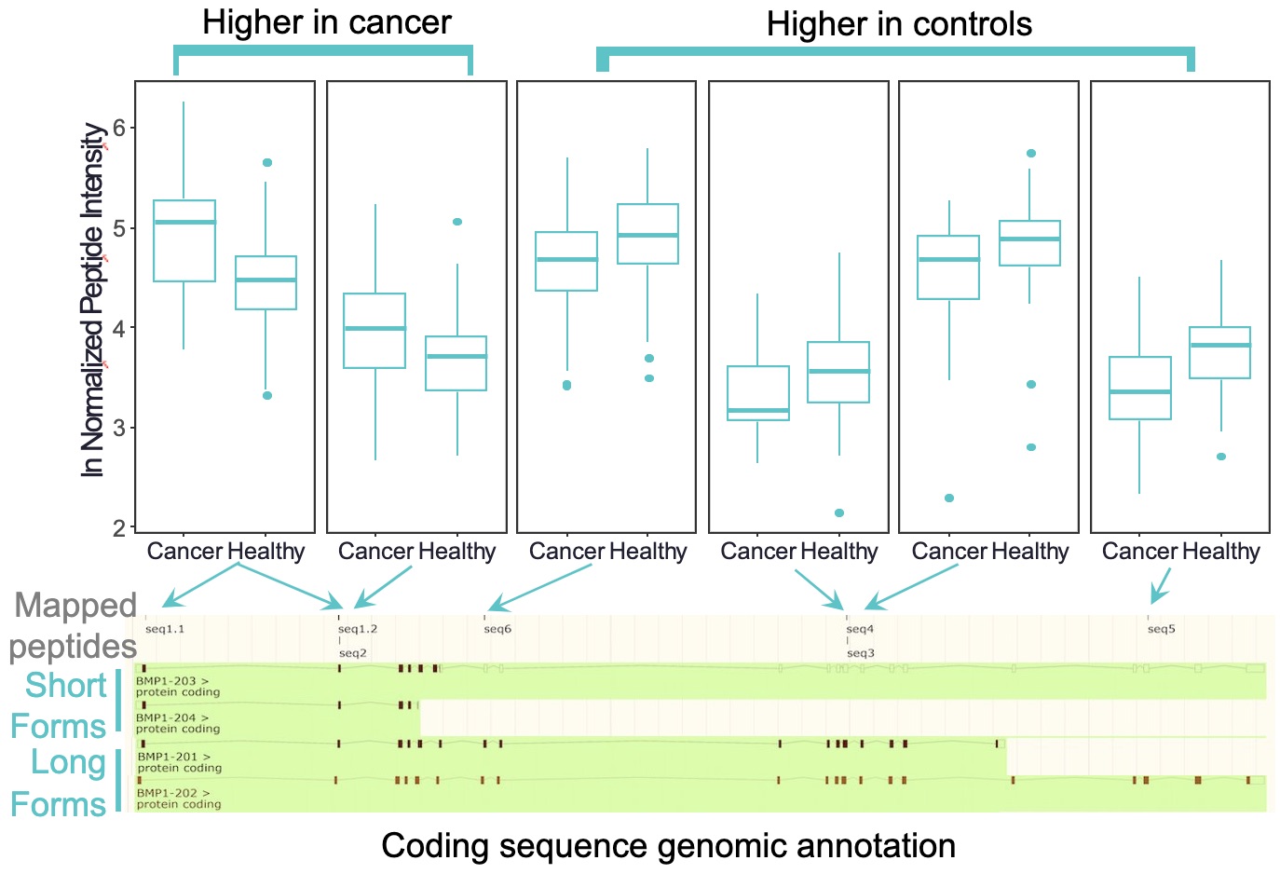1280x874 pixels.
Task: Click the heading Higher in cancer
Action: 326,23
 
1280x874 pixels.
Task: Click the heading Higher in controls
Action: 899,25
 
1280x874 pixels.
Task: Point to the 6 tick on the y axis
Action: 119,128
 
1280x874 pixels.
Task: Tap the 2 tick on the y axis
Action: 119,528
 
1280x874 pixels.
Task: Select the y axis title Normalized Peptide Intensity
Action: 92,300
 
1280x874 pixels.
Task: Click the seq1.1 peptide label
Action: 165,629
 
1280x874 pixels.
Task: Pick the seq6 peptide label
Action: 497,629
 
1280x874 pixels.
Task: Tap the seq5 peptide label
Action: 1161,629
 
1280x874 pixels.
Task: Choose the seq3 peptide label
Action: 861,653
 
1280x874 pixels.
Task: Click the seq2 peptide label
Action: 353,653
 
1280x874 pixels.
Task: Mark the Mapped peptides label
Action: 75,625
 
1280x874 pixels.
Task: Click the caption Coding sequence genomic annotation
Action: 668,846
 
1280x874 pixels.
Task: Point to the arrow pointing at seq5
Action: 1160,588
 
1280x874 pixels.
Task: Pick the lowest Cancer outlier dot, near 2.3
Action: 949,498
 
